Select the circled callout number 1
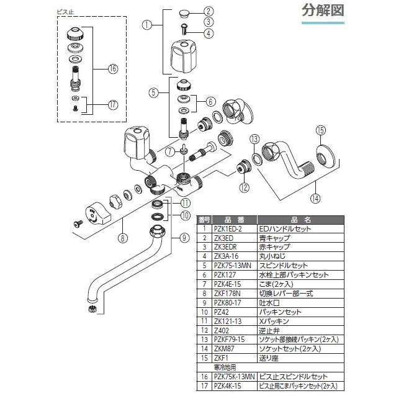coord(147,25)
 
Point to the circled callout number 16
coord(112,69)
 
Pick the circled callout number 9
coord(184,236)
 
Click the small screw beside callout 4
coord(186,27)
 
